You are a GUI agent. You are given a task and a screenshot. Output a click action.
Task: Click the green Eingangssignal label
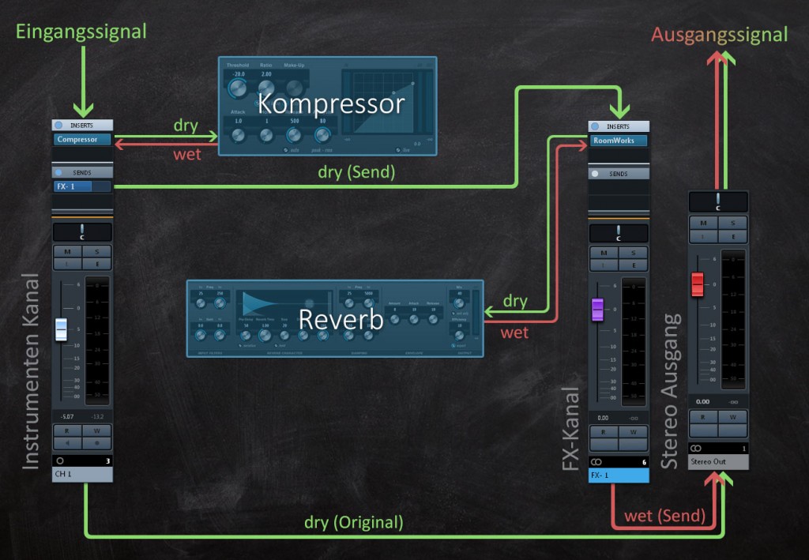pyautogui.click(x=81, y=32)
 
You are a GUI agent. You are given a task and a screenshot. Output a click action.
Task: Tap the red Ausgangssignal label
pyautogui.click(x=719, y=35)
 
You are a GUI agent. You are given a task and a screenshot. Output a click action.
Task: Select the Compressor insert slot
pyautogui.click(x=82, y=140)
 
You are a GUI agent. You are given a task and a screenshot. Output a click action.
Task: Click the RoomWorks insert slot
pyautogui.click(x=618, y=141)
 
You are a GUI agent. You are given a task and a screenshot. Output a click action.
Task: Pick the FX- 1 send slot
pyautogui.click(x=73, y=186)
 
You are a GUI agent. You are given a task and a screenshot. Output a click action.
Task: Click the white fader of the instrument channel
pyautogui.click(x=61, y=329)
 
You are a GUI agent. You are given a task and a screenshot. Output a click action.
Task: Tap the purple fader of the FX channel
pyautogui.click(x=597, y=309)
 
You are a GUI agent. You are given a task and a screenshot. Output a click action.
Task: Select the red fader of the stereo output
pyautogui.click(x=697, y=284)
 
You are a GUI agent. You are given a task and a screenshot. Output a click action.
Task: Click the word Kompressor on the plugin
pyautogui.click(x=331, y=103)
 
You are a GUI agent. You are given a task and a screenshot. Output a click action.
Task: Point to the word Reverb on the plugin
pyautogui.click(x=341, y=319)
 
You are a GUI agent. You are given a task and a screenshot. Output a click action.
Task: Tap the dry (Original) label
pyautogui.click(x=353, y=522)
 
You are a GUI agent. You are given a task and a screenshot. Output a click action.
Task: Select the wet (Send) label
pyautogui.click(x=664, y=516)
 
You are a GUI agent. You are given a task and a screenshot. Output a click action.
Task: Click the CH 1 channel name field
pyautogui.click(x=82, y=475)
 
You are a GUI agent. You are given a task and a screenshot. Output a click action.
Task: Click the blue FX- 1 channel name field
pyautogui.click(x=619, y=475)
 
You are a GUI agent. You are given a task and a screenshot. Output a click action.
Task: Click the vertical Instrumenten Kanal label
pyautogui.click(x=30, y=371)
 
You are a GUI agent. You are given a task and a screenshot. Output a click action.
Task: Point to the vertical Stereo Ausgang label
pyautogui.click(x=670, y=391)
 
